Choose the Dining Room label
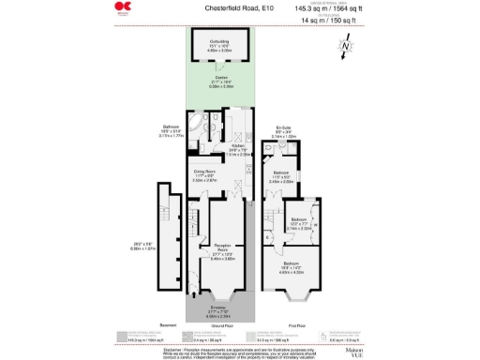(x=205, y=173)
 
